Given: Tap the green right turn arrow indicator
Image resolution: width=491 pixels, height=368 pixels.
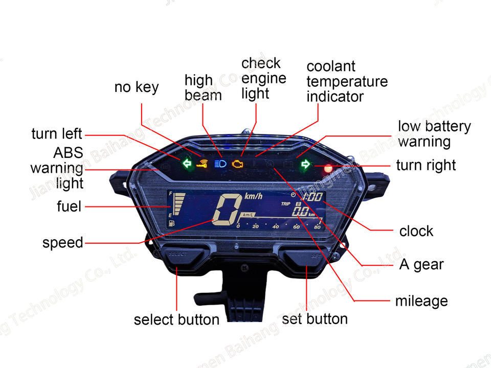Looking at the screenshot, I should click(306, 164).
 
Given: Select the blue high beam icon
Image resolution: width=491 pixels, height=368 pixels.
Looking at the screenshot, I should click(220, 164).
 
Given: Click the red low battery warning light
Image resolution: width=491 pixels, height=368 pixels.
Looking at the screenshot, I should click(328, 168).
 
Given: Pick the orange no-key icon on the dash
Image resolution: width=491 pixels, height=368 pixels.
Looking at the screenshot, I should click(203, 164).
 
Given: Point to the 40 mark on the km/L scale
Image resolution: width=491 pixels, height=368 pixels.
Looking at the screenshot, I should click(276, 226).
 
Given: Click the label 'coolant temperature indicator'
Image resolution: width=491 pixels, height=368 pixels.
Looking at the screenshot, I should click(347, 81).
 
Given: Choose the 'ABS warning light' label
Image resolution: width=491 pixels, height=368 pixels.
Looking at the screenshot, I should click(57, 168).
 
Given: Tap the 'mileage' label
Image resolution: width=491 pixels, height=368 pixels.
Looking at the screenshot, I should click(421, 301).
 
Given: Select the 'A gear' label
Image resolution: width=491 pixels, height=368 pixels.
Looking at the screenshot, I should click(421, 265).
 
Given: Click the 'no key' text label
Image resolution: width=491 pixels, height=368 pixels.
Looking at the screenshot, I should click(137, 87).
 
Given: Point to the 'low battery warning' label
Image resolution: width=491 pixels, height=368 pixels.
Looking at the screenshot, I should click(434, 134).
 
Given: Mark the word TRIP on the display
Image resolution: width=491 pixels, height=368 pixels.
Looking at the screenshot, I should click(285, 204).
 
